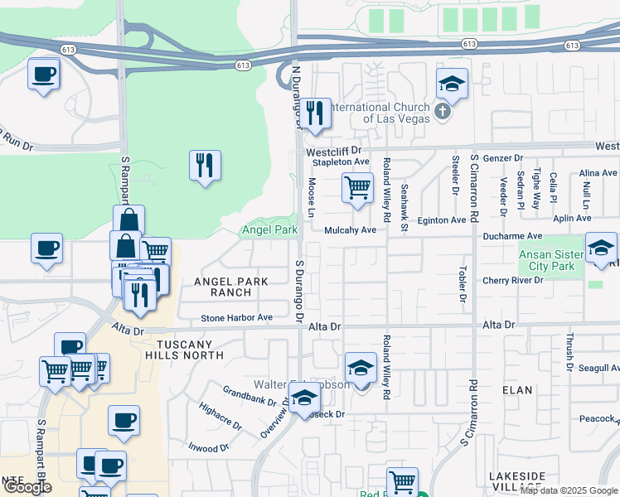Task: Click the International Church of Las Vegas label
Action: tap(380, 113)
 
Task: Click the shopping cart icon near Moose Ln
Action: tap(357, 187)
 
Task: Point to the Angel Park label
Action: tap(269, 229)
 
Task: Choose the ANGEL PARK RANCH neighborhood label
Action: tap(231, 287)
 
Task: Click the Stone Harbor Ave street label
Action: tap(237, 318)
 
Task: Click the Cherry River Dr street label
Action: tap(513, 281)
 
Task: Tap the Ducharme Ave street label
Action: tap(513, 235)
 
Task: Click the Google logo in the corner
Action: tap(27, 487)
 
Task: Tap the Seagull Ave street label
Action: tap(598, 368)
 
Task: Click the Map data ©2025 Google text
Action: tap(569, 490)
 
